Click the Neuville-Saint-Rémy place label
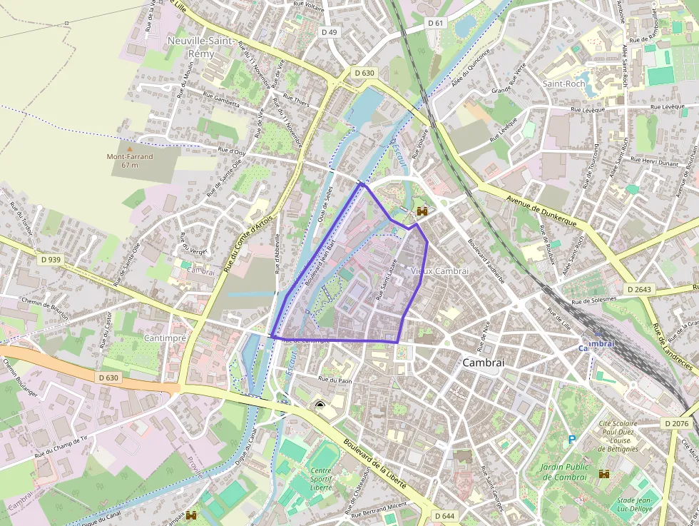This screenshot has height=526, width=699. pos(200,47)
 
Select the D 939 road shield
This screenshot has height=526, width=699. pos(51,260)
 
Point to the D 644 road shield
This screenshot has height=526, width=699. pos(444,516)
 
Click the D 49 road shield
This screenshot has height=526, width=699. pos(329,32)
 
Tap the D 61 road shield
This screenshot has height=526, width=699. pos(436,23)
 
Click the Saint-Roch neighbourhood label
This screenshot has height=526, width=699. pos(563,84)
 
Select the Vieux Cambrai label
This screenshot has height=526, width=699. pos(440,271)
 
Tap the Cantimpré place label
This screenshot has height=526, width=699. pos(165,337)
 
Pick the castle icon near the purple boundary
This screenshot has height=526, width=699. pos(422,211)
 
